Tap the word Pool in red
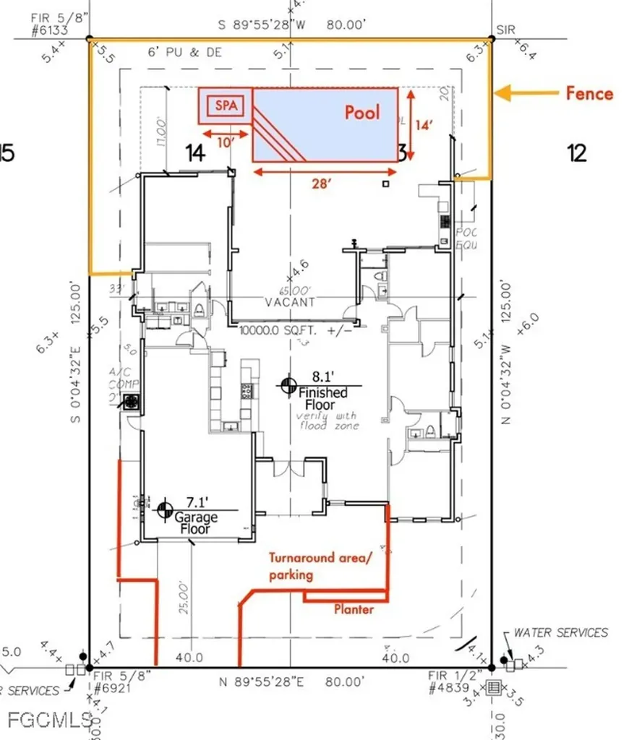click(362, 112)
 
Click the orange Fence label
click(589, 93)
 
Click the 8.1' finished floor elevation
click(322, 376)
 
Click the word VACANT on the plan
click(289, 302)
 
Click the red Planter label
click(354, 609)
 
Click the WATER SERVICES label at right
click(560, 632)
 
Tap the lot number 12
click(576, 153)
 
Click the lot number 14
click(195, 152)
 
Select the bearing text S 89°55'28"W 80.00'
click(296, 25)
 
